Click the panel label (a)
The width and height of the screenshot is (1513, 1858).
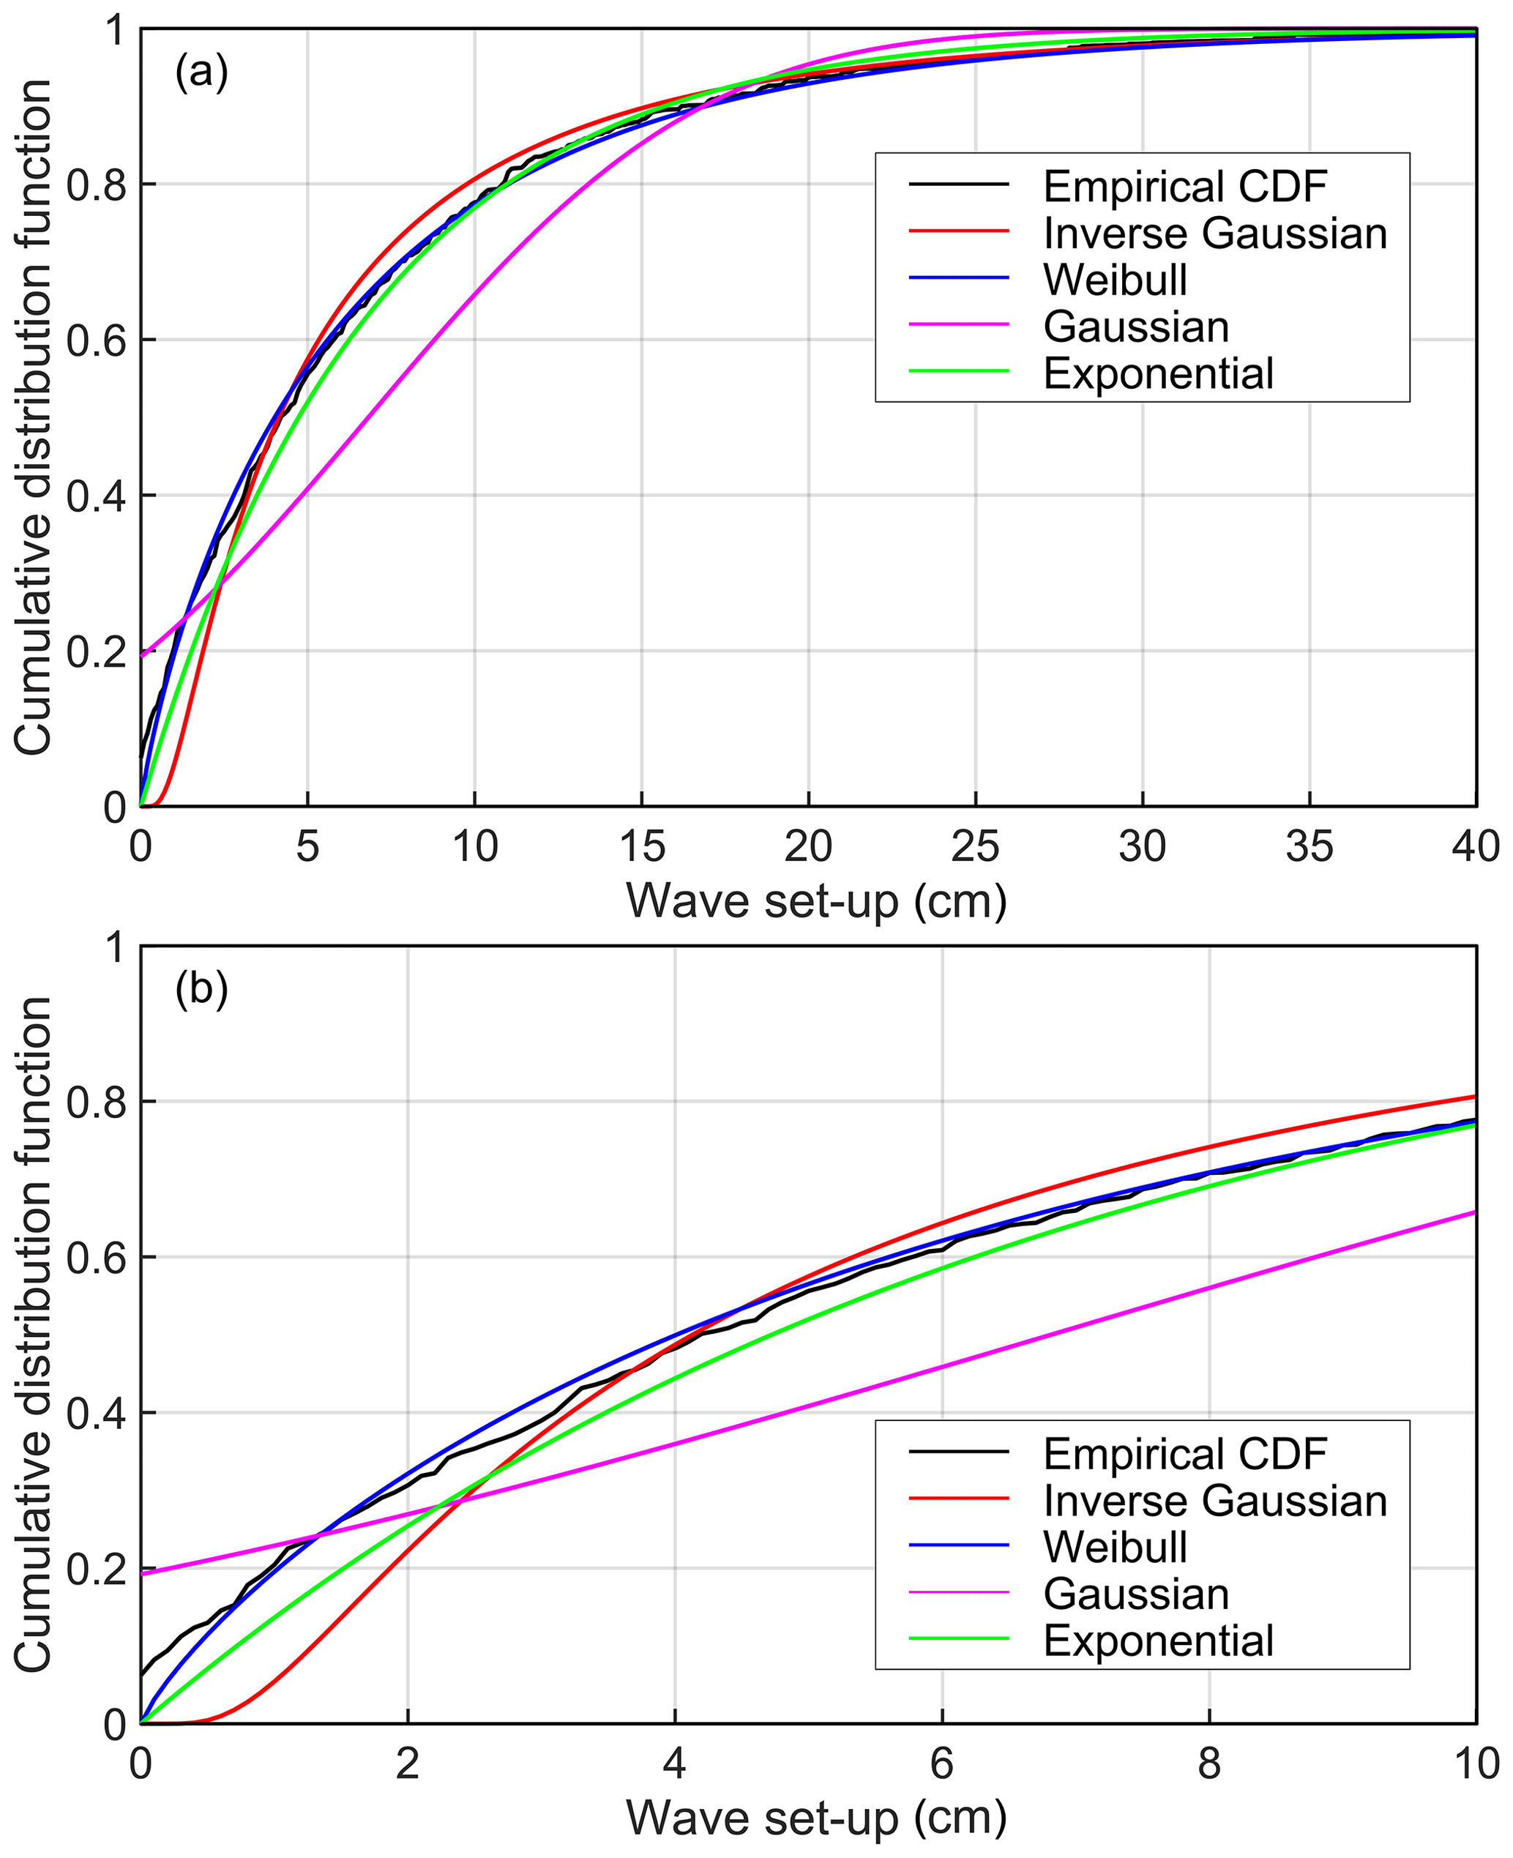click(x=201, y=72)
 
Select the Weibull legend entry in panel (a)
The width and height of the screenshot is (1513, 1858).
click(x=1115, y=280)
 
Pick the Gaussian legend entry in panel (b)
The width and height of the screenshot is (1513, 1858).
click(x=1135, y=1594)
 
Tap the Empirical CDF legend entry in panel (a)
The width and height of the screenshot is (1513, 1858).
click(x=1184, y=187)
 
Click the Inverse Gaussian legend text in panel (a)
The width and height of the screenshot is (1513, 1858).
click(x=1215, y=234)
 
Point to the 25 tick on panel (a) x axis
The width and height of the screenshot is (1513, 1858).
click(x=975, y=846)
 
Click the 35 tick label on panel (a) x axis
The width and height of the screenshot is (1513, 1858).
click(x=1309, y=846)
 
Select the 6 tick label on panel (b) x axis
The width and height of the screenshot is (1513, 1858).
click(x=942, y=1763)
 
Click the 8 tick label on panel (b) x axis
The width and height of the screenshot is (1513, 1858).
click(x=1208, y=1763)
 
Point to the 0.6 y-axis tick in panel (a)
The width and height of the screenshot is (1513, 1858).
click(x=96, y=340)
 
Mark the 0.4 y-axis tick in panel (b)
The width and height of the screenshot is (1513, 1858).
click(x=96, y=1413)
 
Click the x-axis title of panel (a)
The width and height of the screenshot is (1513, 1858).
click(x=817, y=901)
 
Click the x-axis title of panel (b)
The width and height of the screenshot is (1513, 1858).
click(x=817, y=1818)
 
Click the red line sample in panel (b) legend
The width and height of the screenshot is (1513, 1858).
click(x=959, y=1500)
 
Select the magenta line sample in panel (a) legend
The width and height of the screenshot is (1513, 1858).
click(x=959, y=324)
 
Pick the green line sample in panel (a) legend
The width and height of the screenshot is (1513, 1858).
click(x=959, y=371)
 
